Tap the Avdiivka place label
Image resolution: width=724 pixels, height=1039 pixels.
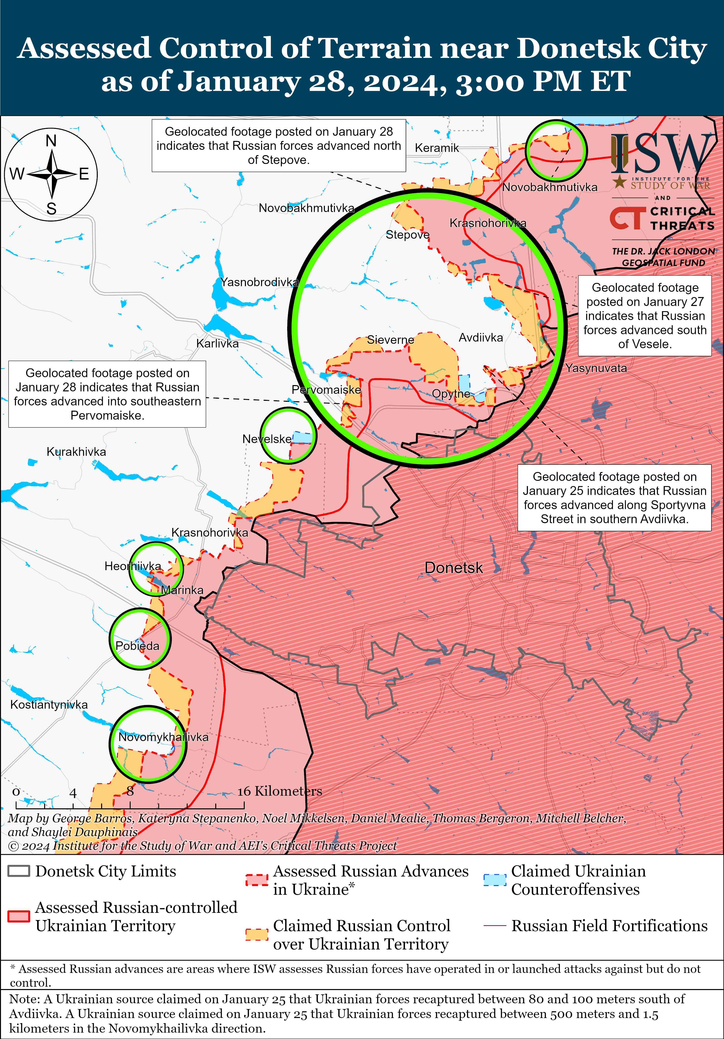[x=480, y=338]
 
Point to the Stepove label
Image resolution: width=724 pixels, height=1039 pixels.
[x=407, y=235]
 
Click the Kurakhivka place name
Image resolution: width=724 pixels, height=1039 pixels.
[x=76, y=452]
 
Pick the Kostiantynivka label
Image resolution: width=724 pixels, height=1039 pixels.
[x=49, y=705]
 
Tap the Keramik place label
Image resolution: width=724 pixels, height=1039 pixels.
[x=437, y=148]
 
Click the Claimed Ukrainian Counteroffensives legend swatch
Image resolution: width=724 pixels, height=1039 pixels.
[x=494, y=879]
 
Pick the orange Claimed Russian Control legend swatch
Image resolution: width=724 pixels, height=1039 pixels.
[x=257, y=934]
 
